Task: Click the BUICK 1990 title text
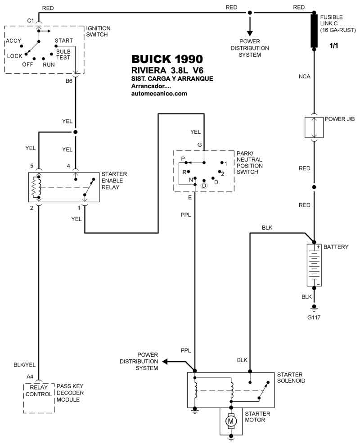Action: tap(166, 59)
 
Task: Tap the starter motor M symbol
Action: tap(231, 420)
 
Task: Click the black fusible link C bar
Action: tap(314, 31)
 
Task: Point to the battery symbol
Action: tap(314, 266)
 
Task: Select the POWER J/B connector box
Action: tap(314, 127)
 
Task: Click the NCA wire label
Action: tap(305, 77)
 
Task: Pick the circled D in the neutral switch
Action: tap(204, 186)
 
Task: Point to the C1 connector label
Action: tap(31, 21)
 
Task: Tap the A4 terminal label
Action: tap(30, 376)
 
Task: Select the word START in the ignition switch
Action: tap(63, 41)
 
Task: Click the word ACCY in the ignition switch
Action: tap(13, 41)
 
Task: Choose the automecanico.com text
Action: tap(159, 94)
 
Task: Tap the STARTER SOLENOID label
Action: tap(291, 377)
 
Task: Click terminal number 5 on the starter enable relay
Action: tap(32, 166)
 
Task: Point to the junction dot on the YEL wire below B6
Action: tap(75, 132)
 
